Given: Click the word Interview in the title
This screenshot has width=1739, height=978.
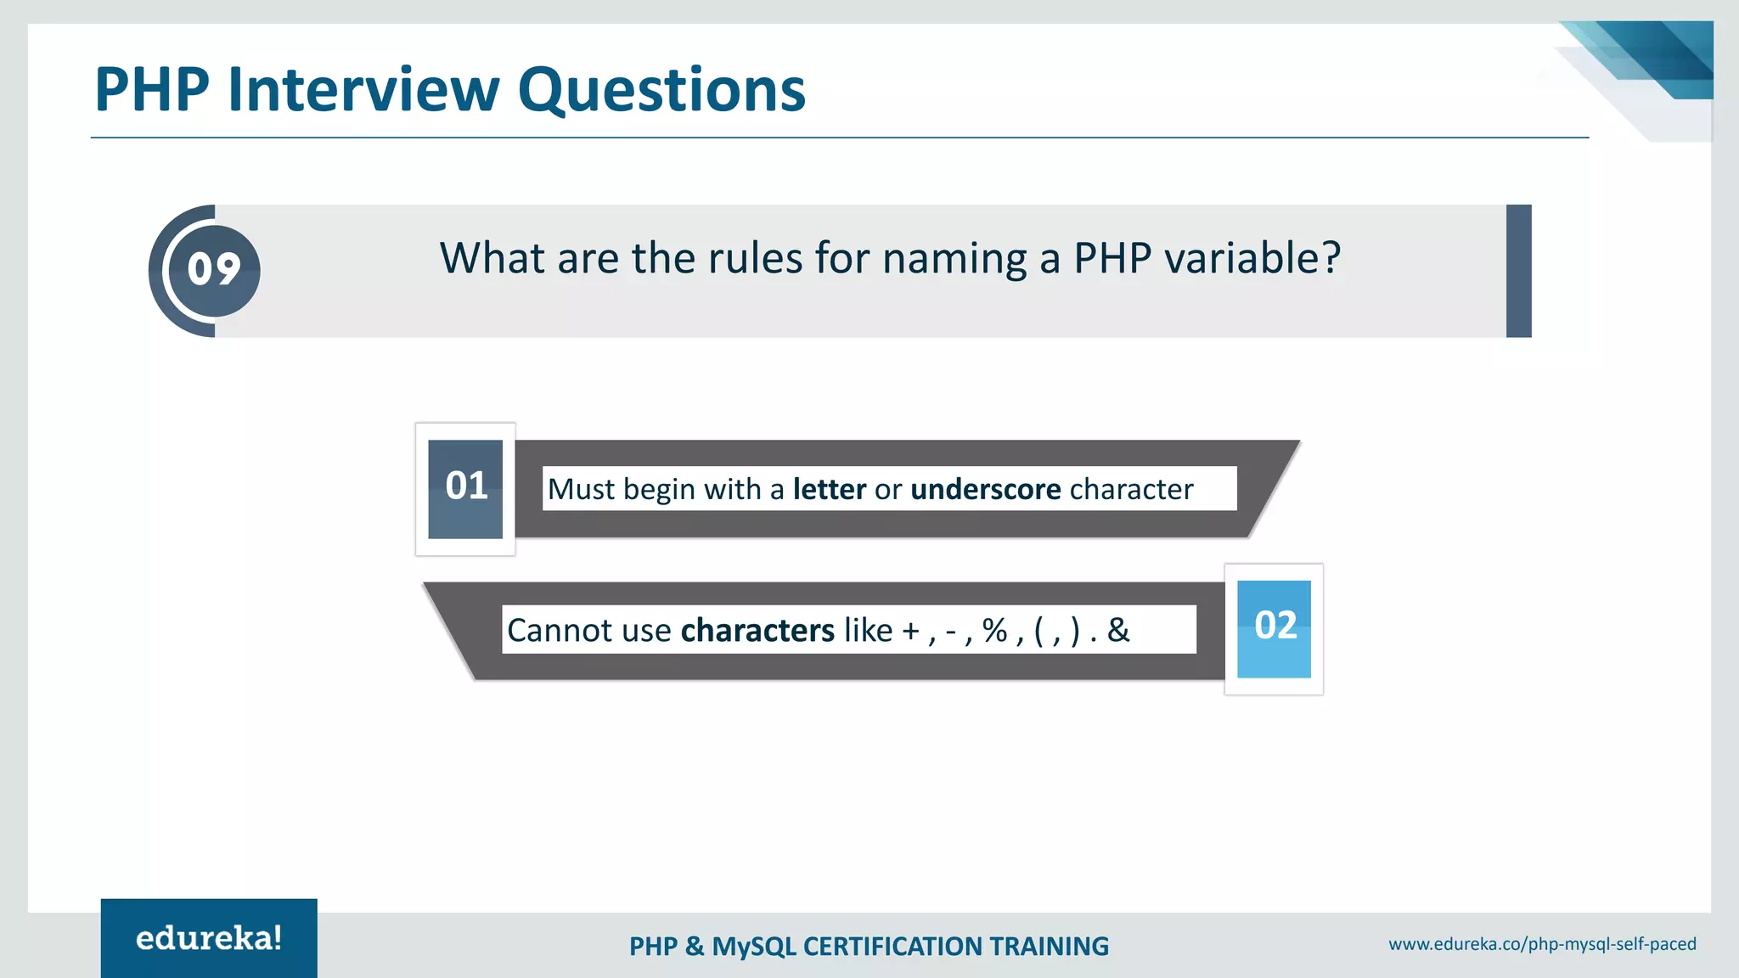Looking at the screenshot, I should tap(363, 89).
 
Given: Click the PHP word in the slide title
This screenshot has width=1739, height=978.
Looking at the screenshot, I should tap(152, 89).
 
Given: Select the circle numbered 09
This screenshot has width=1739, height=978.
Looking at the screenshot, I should tap(214, 270).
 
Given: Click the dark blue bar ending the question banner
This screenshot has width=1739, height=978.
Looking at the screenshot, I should tap(1518, 271).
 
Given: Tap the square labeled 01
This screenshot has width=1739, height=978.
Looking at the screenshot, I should tap(465, 488).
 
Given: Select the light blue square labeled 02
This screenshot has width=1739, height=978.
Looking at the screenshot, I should tap(1274, 628).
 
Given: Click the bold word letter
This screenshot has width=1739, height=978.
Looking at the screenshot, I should tap(829, 489).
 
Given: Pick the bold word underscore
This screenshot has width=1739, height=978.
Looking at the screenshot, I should tap(985, 489).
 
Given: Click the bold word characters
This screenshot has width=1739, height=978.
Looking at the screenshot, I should tap(757, 631).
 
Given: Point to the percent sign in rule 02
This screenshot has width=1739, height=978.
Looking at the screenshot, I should tap(994, 630).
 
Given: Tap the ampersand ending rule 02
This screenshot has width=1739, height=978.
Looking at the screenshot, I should tap(1118, 630).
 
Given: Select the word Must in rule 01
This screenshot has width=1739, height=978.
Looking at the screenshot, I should tap(581, 489).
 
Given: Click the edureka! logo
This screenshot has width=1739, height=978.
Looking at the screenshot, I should tap(209, 938).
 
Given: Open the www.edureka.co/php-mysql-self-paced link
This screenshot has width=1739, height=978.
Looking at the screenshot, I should tap(1542, 944).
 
